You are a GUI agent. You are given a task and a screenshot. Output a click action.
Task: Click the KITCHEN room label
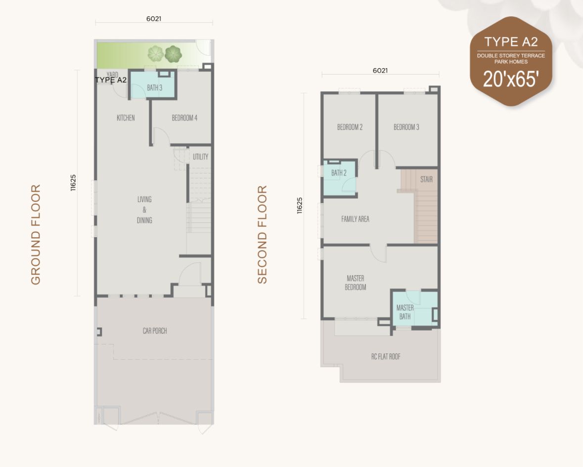click(x=126, y=118)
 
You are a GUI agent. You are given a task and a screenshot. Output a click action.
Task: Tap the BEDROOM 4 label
click(x=184, y=118)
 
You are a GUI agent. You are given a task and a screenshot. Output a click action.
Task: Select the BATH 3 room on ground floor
click(x=154, y=88)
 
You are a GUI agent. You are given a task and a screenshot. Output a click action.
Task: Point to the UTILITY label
click(x=200, y=157)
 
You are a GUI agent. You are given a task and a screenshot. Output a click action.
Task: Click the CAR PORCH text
click(x=155, y=331)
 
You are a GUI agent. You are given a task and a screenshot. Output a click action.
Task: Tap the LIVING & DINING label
click(x=144, y=210)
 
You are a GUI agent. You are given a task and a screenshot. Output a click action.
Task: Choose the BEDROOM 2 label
click(x=350, y=127)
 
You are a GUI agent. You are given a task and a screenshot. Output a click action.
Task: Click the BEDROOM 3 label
click(x=406, y=127)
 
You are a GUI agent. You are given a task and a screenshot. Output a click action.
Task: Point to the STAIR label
click(x=426, y=179)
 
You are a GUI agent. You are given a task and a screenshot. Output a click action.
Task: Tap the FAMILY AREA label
click(x=355, y=219)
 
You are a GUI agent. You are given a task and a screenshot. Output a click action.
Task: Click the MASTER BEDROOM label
click(x=356, y=283)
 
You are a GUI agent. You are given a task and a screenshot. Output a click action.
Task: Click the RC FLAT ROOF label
click(x=386, y=356)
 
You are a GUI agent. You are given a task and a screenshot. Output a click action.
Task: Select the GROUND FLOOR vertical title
click(x=36, y=235)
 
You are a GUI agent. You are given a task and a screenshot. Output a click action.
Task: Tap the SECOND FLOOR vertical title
click(x=262, y=235)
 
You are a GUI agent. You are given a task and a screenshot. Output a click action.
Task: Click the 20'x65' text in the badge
click(x=510, y=79)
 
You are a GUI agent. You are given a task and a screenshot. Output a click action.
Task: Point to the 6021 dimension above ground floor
click(x=154, y=19)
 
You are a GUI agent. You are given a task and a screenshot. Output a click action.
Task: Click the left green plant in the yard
click(x=156, y=53)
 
